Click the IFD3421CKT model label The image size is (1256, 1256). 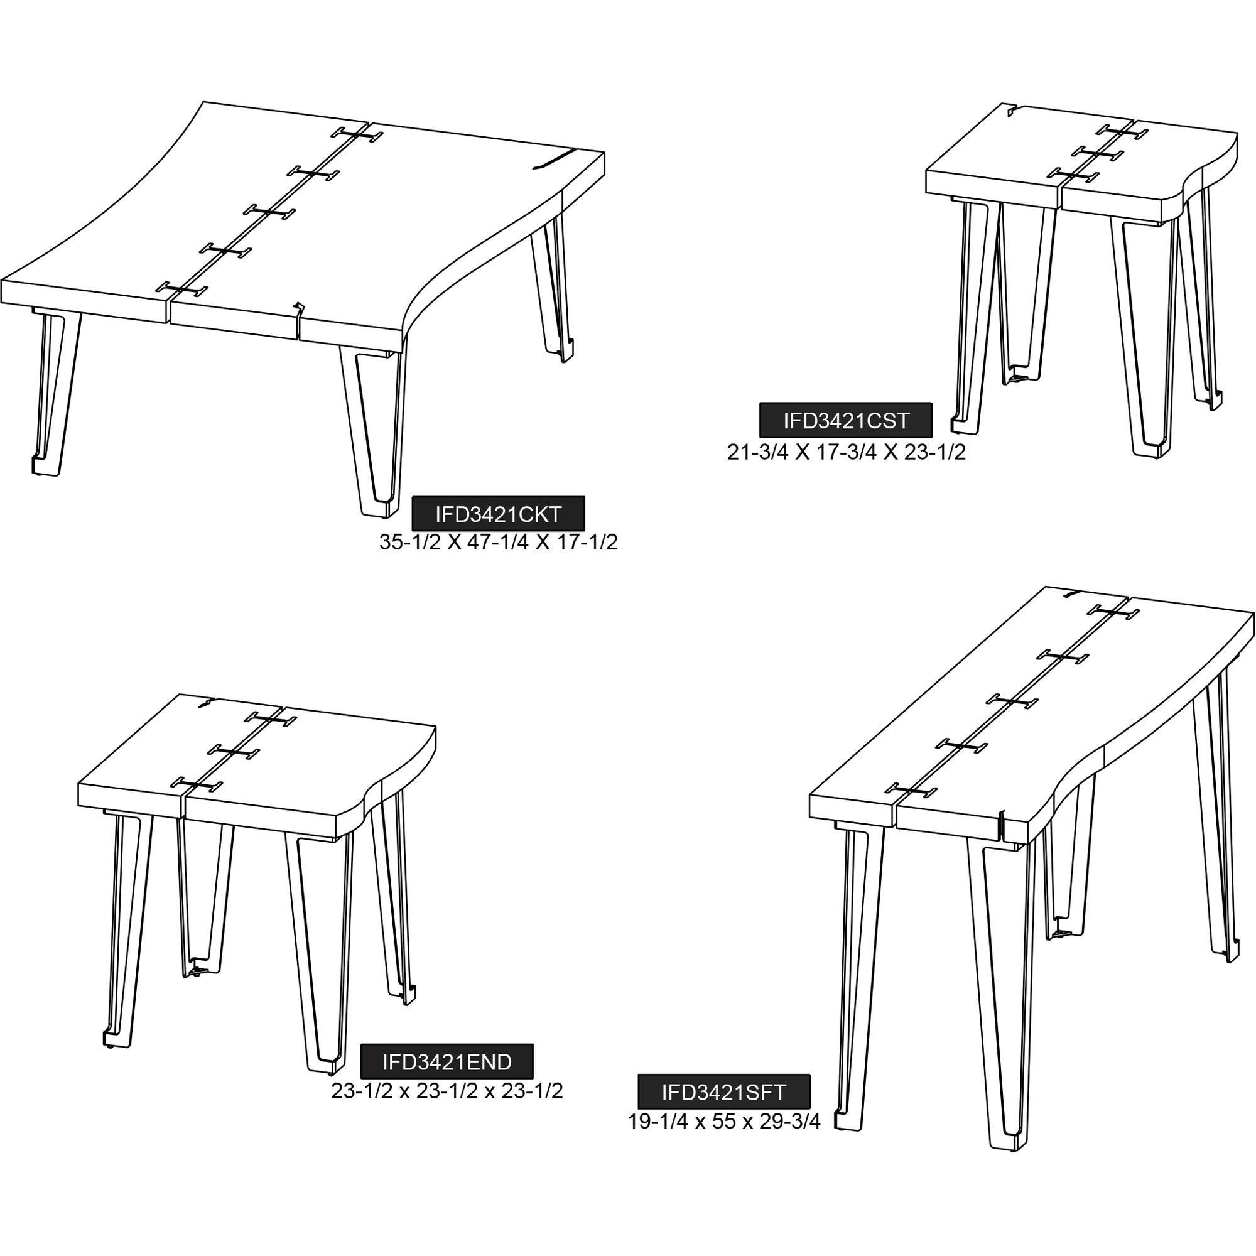pyautogui.click(x=499, y=515)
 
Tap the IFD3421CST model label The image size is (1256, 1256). pyautogui.click(x=846, y=421)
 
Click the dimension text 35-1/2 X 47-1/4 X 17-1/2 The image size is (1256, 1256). pyautogui.click(x=499, y=542)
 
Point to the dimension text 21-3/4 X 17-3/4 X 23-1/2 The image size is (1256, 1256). pyautogui.click(x=847, y=452)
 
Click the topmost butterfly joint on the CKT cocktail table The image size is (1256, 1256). pyautogui.click(x=357, y=134)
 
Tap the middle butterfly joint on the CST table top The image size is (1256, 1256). pyautogui.click(x=1098, y=153)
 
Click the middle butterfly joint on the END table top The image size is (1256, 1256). pyautogui.click(x=234, y=752)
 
